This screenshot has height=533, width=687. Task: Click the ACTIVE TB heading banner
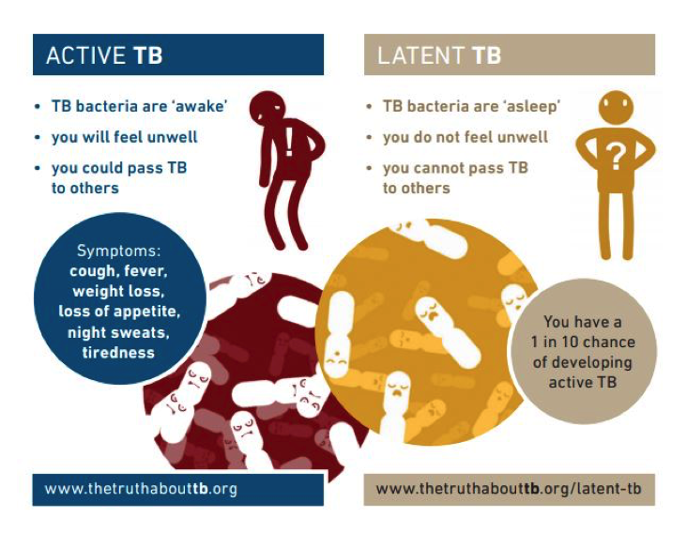tap(178, 55)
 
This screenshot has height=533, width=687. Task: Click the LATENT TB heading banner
tap(509, 55)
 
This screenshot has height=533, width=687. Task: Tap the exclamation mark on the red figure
tap(289, 143)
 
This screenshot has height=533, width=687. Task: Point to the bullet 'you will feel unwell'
tap(124, 137)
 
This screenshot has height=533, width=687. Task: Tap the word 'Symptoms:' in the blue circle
tap(118, 251)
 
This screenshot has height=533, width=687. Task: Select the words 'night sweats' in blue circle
tap(118, 332)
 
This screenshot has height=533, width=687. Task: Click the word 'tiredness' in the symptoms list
tap(118, 352)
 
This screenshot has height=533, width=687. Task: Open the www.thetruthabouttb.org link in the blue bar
tap(141, 489)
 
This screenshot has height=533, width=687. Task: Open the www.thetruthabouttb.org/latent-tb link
tap(508, 489)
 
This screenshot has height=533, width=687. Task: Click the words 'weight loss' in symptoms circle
tap(118, 291)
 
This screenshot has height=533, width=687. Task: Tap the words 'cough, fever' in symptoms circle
tap(118, 271)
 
